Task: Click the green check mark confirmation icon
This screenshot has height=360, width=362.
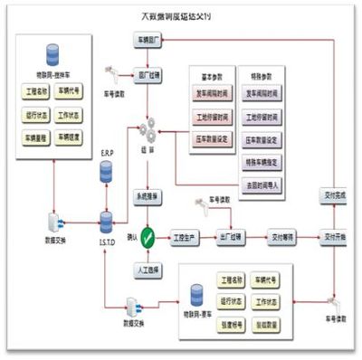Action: [148, 238]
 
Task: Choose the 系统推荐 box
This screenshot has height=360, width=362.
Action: [148, 194]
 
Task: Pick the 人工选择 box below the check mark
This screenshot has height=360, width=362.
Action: [148, 270]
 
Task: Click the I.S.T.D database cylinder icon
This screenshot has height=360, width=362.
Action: [106, 219]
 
